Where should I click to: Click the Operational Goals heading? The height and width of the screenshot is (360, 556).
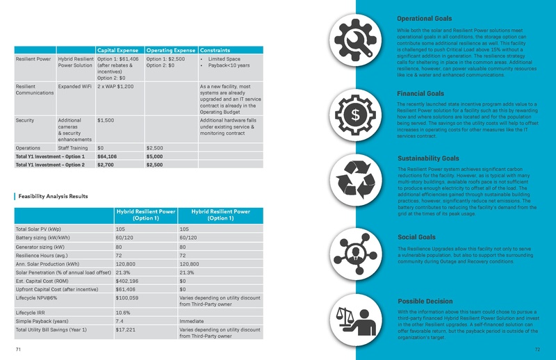tap(424, 18)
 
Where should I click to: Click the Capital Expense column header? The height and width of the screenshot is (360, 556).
tap(120, 50)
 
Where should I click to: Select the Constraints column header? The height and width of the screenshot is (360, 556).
tap(215, 50)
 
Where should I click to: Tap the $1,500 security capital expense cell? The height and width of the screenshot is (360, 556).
tap(106, 120)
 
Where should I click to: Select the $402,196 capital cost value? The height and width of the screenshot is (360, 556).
tap(129, 281)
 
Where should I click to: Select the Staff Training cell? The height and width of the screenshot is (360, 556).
tap(73, 148)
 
